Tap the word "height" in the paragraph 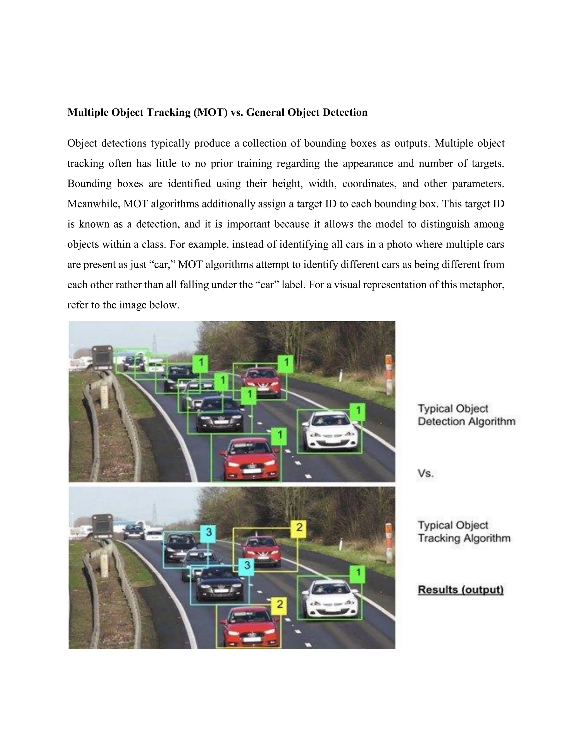[x=287, y=184]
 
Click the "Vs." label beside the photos [x=426, y=473]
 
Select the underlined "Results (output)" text [x=461, y=590]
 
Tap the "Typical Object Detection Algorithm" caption [x=466, y=415]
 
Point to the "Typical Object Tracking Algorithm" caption [x=464, y=532]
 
